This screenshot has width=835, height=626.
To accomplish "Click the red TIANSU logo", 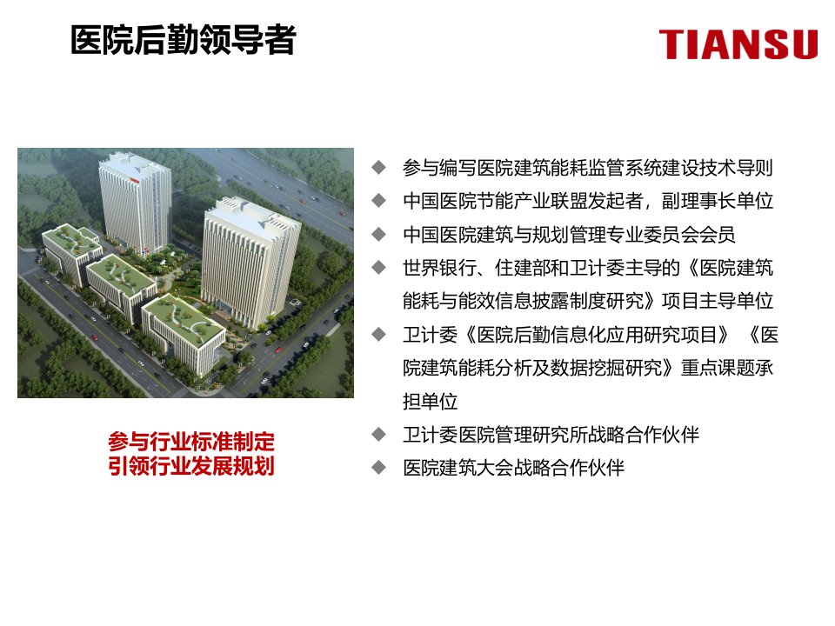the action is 738,43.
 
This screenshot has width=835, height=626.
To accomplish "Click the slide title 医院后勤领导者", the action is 184,40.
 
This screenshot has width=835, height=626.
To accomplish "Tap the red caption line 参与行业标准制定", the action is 191,442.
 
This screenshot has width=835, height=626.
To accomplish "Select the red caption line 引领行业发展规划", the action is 191,466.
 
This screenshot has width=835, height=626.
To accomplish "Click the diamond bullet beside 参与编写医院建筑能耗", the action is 378,168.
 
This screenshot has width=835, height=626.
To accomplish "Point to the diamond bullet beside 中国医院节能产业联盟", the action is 378,201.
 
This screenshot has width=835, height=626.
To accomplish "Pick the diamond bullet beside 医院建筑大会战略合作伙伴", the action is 378,468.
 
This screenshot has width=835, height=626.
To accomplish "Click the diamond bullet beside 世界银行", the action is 378,267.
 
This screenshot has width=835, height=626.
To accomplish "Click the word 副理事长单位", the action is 718,201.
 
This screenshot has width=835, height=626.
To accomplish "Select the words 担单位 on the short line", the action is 431,401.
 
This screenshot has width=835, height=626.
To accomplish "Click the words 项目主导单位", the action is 718,301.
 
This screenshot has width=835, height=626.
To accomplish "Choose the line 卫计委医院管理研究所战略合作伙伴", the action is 551,435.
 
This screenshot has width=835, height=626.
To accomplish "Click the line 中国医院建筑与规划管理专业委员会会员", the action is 569,234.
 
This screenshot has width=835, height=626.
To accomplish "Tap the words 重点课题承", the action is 727,367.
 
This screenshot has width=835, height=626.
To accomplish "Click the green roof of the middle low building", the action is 121,272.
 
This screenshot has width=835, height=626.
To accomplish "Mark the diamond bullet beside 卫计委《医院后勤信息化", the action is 378,334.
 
